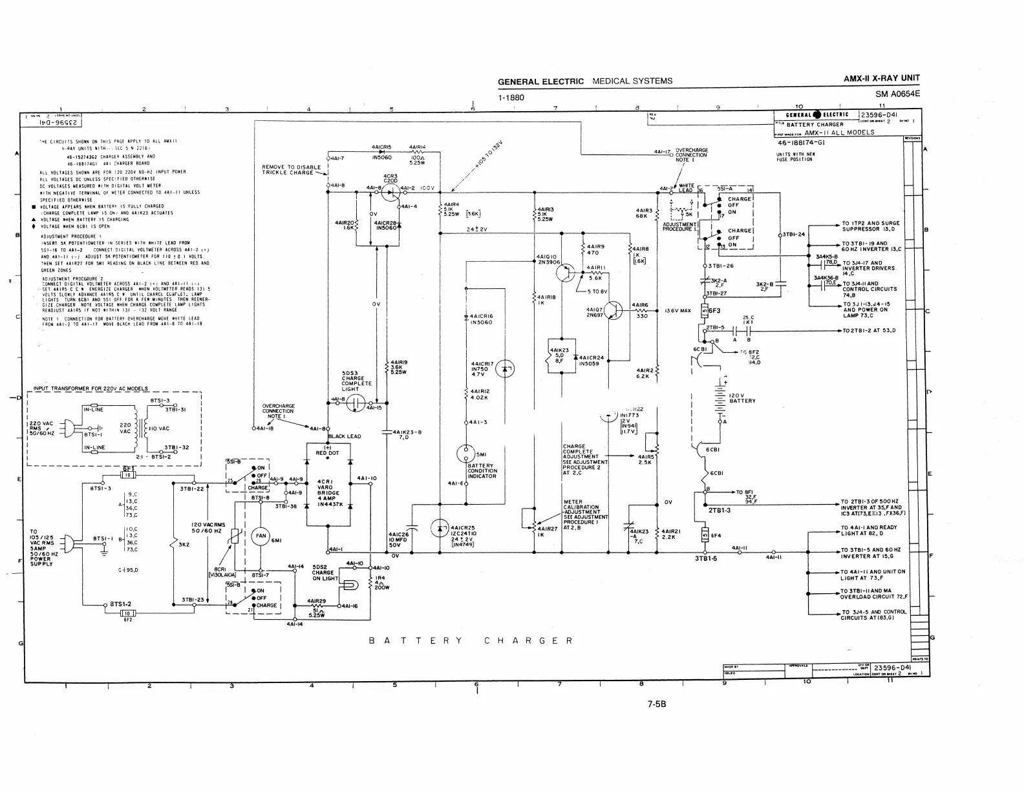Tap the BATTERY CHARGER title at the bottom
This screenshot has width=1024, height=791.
tap(471, 641)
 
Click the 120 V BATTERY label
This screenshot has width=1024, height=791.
tap(741, 398)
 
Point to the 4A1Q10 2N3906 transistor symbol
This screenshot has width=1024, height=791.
tap(565, 273)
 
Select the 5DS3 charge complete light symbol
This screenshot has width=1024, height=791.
tap(355, 404)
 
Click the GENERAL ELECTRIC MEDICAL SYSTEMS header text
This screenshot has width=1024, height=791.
tap(584, 81)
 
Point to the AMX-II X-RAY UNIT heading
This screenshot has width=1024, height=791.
tap(881, 79)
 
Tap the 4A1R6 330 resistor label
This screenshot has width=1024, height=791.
tap(641, 310)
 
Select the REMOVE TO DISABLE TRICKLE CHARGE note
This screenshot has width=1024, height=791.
tap(291, 170)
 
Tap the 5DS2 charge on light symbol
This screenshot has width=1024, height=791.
tap(348, 585)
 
